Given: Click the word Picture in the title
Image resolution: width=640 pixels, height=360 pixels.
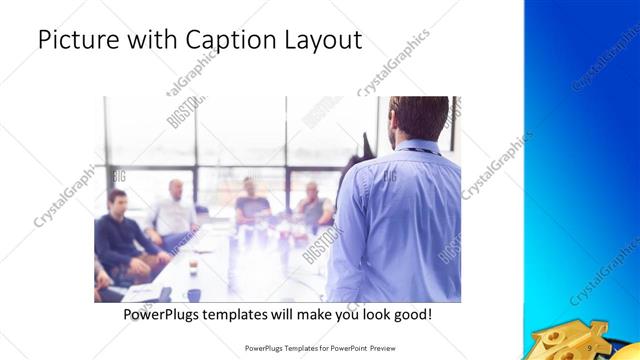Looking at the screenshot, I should (x=76, y=41).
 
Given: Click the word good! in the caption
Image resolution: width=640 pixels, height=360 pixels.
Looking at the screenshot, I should (x=412, y=315).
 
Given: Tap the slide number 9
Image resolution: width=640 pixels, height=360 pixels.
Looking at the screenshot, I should (x=590, y=347).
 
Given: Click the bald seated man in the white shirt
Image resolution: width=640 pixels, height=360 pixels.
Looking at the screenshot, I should (x=174, y=210).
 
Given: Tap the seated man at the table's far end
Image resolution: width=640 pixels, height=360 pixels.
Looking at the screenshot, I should (x=251, y=200).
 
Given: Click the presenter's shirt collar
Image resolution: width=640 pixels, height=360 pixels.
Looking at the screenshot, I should (x=418, y=147).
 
